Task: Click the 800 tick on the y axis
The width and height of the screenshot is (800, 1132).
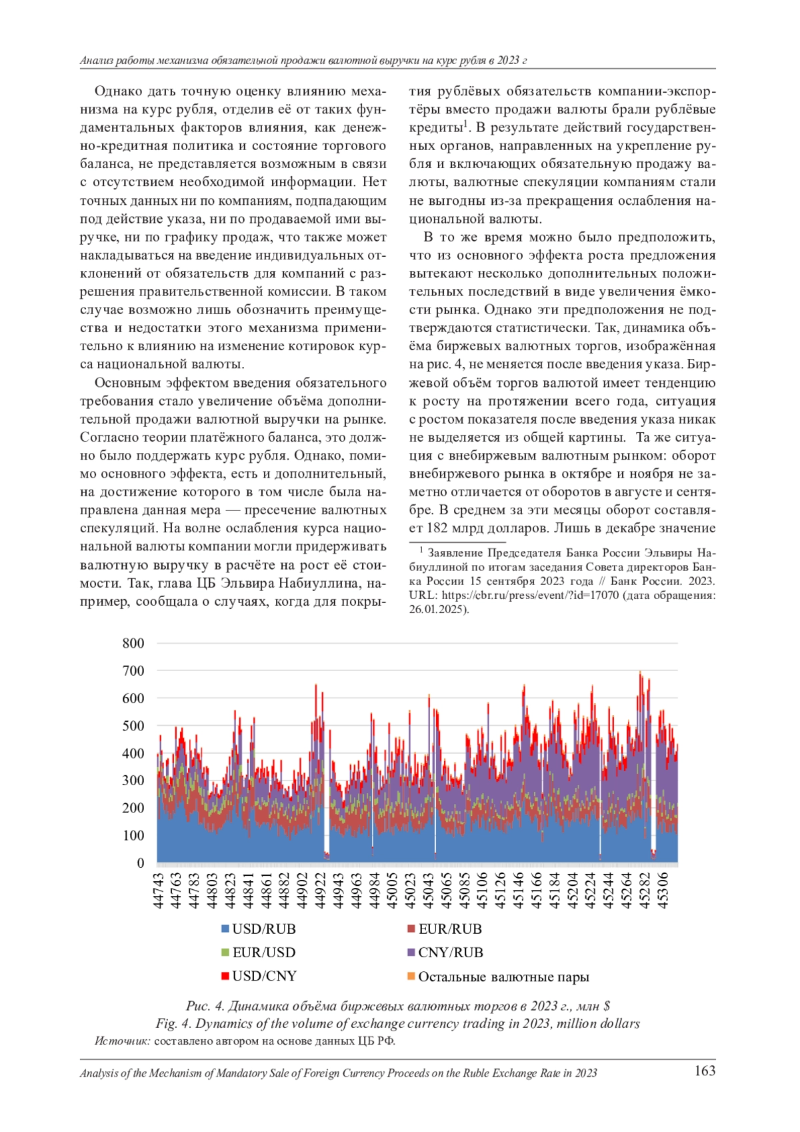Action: tap(133, 643)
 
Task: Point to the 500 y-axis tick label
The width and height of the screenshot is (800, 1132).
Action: tap(133, 726)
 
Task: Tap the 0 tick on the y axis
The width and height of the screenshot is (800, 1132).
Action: tap(140, 863)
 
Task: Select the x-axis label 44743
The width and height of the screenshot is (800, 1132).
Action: tap(159, 891)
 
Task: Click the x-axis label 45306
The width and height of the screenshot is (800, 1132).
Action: tap(663, 891)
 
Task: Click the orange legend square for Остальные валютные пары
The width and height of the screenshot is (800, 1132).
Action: tap(411, 977)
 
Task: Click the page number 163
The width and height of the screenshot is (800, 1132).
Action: tap(705, 1071)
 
